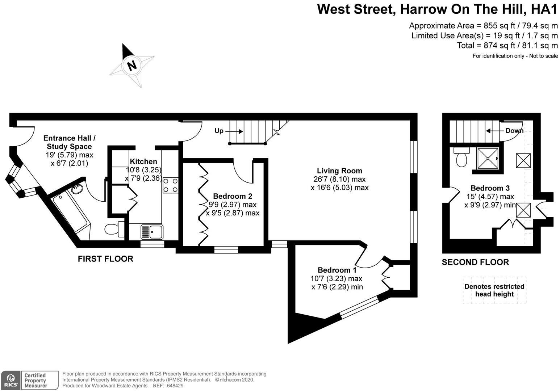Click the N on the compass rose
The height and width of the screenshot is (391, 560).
pos(131,65)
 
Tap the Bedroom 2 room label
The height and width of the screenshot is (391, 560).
pos(233,196)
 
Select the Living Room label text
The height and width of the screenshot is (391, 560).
pos(339,171)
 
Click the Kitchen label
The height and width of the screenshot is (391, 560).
pos(143,161)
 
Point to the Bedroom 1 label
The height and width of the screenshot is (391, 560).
pos(337,270)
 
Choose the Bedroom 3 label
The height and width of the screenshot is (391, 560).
pos(490,188)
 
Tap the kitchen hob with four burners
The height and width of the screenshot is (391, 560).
pos(170,185)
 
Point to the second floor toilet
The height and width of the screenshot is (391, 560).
pos(461,159)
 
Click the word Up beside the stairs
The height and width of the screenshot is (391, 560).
pos(219,131)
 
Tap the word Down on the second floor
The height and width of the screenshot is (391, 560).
pos(514,130)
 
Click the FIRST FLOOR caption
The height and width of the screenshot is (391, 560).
pos(105,259)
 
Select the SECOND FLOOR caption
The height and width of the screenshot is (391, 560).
pos(475,262)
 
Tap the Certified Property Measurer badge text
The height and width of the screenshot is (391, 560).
pos(35,381)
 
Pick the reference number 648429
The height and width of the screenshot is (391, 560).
pos(174,386)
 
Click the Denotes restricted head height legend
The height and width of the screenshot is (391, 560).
pos(494,290)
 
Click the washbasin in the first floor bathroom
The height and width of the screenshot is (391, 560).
pos(76,189)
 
